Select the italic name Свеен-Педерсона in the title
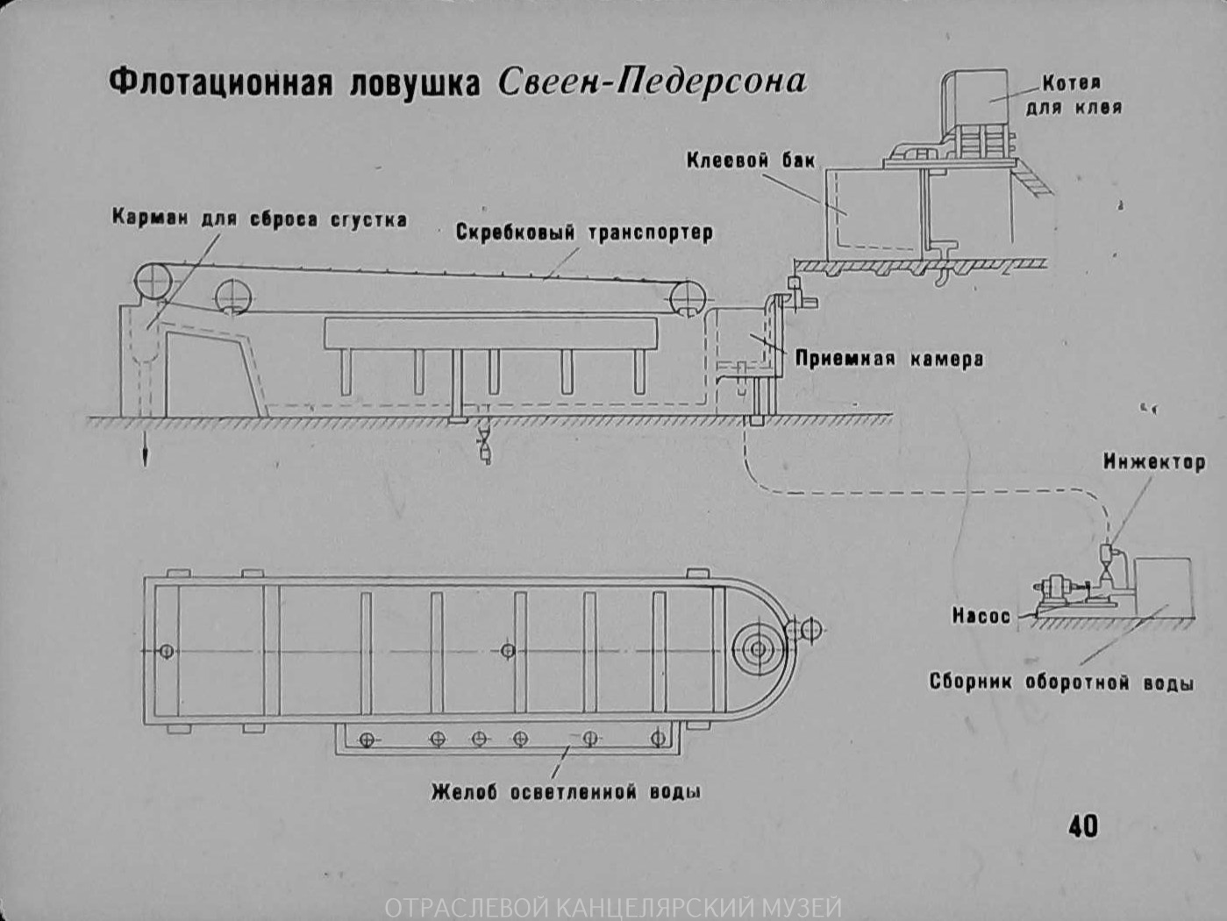pyautogui.click(x=651, y=82)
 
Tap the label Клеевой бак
pyautogui.click(x=750, y=161)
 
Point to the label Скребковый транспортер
pyautogui.click(x=584, y=232)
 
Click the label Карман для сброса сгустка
pyautogui.click(x=260, y=219)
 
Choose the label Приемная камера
pyautogui.click(x=888, y=359)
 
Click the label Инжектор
pyautogui.click(x=1153, y=462)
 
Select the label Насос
pyautogui.click(x=981, y=617)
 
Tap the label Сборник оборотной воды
pyautogui.click(x=1060, y=682)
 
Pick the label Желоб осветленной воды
pyautogui.click(x=566, y=792)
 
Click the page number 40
pyautogui.click(x=1082, y=825)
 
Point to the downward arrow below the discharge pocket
pyautogui.click(x=146, y=453)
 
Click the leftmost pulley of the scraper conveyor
pyautogui.click(x=154, y=282)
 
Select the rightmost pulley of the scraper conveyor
pyautogui.click(x=687, y=298)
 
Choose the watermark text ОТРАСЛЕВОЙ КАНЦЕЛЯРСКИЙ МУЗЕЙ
pyautogui.click(x=612, y=907)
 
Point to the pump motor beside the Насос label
pyautogui.click(x=1053, y=589)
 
